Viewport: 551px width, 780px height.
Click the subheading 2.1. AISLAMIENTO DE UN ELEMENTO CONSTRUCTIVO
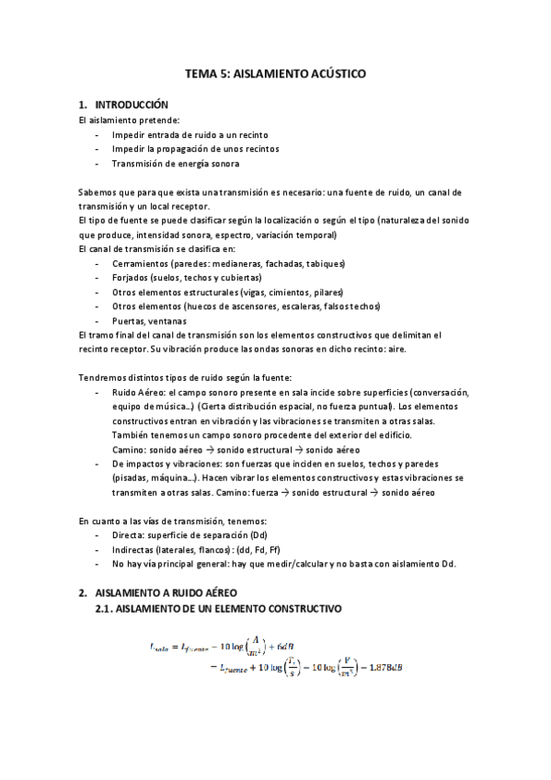coord(219,609)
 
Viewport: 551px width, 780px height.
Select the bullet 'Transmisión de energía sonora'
coord(175,164)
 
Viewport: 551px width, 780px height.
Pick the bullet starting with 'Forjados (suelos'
coord(186,278)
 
